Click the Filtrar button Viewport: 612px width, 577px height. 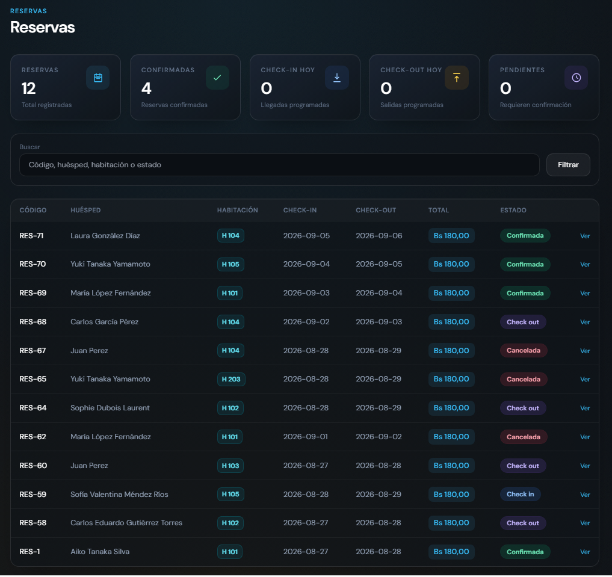click(x=568, y=165)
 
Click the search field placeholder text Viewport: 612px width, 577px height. click(x=95, y=165)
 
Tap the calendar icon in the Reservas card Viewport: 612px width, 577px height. click(x=98, y=78)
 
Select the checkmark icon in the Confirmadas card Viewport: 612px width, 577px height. click(x=217, y=78)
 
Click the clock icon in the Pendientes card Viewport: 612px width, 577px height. click(x=576, y=78)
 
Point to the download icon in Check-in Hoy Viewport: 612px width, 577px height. click(x=337, y=78)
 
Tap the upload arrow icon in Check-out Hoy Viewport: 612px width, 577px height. click(x=457, y=78)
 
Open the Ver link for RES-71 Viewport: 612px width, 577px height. click(x=585, y=236)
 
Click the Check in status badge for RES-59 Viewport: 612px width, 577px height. click(x=521, y=495)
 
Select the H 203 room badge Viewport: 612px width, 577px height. click(x=231, y=379)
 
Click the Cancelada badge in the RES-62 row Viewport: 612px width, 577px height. click(x=524, y=437)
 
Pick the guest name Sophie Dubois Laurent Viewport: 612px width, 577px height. click(x=110, y=408)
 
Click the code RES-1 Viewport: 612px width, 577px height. click(x=29, y=552)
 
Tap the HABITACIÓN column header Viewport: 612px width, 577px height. click(x=237, y=210)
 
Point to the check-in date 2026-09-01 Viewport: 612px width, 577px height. click(x=306, y=437)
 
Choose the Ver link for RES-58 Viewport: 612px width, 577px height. click(x=585, y=523)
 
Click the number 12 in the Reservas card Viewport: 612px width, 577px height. click(x=28, y=88)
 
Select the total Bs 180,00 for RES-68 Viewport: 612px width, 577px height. click(x=451, y=322)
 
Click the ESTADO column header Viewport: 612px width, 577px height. click(x=513, y=210)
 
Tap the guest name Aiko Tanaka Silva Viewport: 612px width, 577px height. click(x=100, y=552)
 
